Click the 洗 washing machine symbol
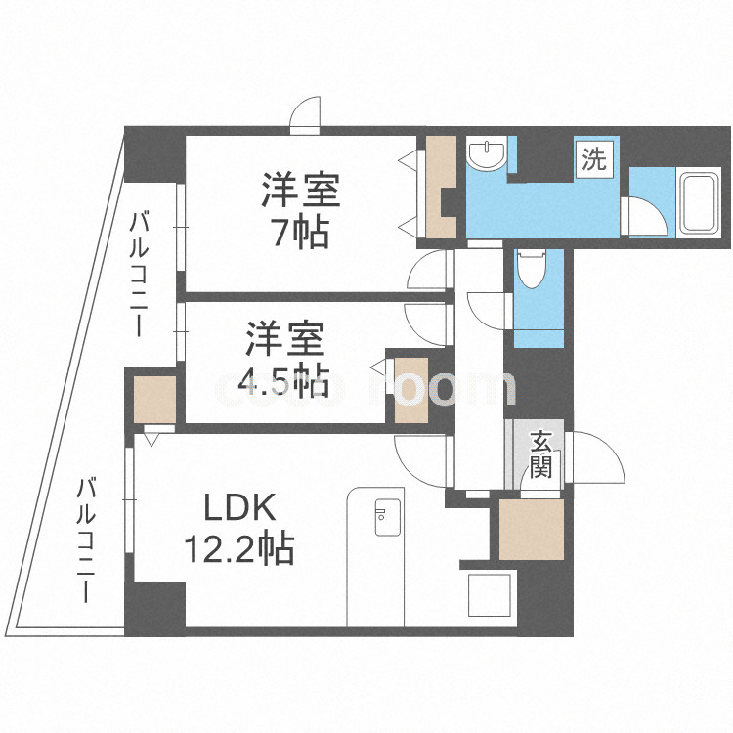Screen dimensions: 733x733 [593, 157]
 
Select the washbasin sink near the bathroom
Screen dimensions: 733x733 [486, 154]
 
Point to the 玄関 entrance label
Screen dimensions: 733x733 [540, 454]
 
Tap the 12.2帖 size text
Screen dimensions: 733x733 [240, 549]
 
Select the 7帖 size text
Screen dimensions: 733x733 [300, 233]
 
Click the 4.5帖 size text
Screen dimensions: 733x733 [284, 382]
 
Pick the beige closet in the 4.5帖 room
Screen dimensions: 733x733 [410, 390]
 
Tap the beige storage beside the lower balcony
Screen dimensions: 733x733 [153, 399]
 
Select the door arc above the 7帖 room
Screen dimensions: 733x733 [306, 114]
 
